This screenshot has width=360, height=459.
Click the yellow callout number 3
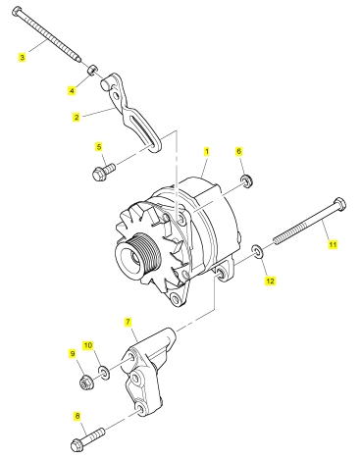22,58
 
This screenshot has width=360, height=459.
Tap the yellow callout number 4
72,90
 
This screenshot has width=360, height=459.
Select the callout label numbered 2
77,117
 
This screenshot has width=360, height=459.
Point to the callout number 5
99,147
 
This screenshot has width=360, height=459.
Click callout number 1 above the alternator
207,151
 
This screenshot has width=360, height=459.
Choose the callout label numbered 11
333,244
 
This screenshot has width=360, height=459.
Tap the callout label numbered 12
270,280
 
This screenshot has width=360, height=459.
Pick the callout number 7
128,322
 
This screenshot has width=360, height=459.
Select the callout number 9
73,353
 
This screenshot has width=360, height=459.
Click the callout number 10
88,345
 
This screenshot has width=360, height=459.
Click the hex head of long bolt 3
17,12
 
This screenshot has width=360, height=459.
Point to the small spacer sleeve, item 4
92,70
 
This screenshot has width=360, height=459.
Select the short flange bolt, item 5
104,172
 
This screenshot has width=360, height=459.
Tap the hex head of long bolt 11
340,204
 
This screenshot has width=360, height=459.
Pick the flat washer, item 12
257,251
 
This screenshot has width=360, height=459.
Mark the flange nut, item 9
86,382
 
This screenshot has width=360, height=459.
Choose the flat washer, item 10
104,373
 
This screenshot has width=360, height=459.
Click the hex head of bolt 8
77,445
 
